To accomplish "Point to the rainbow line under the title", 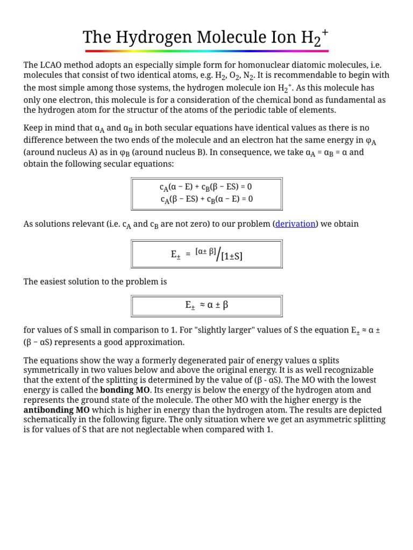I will point(206,51).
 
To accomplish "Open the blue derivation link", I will point(295,223).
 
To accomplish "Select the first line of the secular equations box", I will point(206,187).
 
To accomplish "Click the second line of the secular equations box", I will point(206,199).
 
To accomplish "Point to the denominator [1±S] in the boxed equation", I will point(232,257).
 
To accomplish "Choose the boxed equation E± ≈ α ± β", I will point(206,305).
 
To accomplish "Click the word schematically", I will point(54,419).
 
